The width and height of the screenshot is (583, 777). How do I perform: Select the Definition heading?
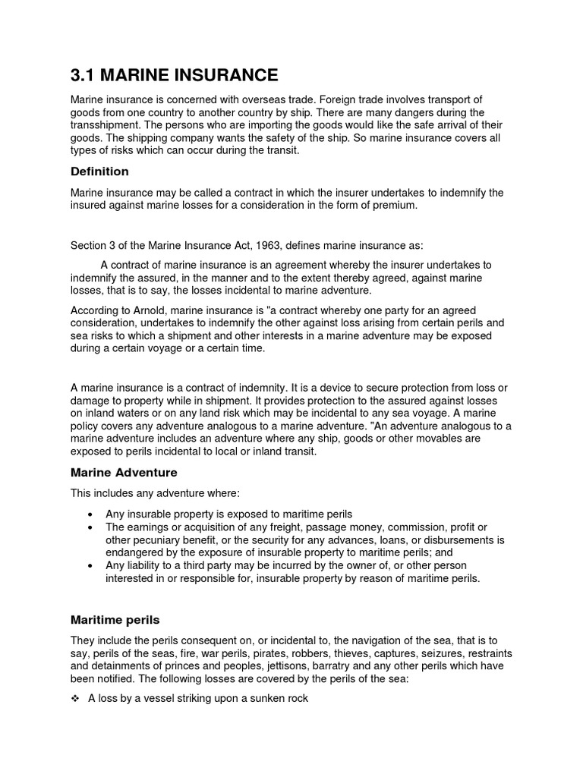99,171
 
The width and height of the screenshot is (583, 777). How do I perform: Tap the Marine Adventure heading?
124,472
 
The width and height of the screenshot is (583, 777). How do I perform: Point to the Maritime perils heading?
115,620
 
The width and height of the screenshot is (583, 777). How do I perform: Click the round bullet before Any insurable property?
90,514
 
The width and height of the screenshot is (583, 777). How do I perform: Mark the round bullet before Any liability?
90,565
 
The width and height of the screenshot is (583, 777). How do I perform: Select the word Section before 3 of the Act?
90,245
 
